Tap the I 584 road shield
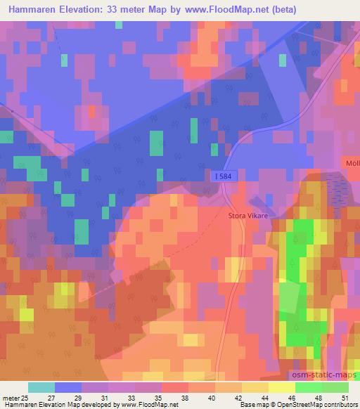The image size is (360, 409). pos(221,176)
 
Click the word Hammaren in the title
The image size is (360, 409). pos(34,10)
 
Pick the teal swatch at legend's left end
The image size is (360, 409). pos(41,387)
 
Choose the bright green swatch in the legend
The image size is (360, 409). pos(309,387)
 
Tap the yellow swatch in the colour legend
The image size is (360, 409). pos(283,387)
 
